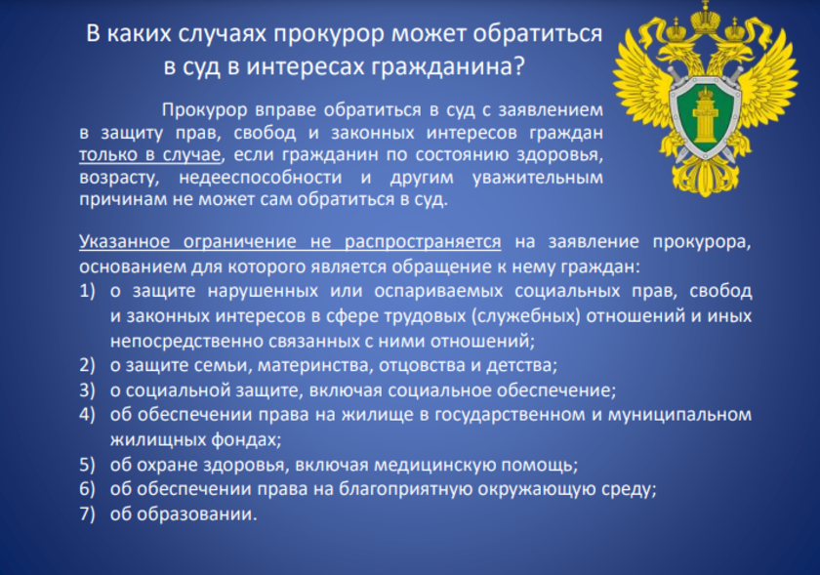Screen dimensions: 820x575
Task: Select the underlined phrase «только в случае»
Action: pyautogui.click(x=150, y=155)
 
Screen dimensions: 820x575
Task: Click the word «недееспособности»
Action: pyautogui.click(x=261, y=178)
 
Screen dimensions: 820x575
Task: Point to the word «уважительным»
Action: pyautogui.click(x=538, y=178)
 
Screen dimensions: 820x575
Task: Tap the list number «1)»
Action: pyautogui.click(x=87, y=291)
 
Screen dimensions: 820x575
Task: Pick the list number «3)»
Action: pyautogui.click(x=87, y=390)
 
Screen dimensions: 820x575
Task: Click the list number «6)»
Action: pyautogui.click(x=87, y=489)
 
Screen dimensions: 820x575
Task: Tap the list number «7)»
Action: pyautogui.click(x=87, y=513)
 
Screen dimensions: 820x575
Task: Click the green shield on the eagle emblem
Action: pyautogui.click(x=705, y=118)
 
